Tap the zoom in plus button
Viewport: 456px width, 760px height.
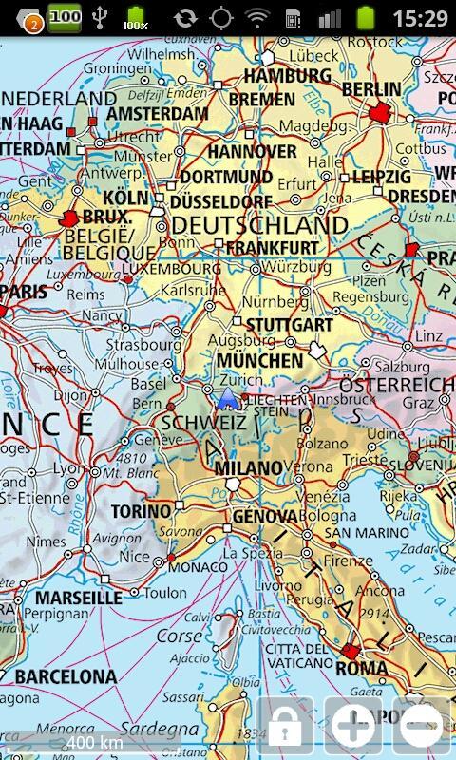(352, 728)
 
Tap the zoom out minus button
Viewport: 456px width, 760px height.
(421, 728)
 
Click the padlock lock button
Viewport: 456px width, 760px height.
(285, 728)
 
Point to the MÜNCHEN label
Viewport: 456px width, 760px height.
(259, 361)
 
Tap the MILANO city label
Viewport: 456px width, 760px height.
(248, 468)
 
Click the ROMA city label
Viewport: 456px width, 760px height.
(362, 668)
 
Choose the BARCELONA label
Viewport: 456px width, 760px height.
(66, 676)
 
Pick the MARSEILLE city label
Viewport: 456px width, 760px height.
(80, 598)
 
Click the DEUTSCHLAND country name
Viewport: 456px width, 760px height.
(259, 225)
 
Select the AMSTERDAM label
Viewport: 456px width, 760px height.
(158, 113)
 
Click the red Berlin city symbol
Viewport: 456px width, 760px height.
(382, 112)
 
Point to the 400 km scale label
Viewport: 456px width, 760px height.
(94, 741)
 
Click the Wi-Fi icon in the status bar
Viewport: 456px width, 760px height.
(256, 18)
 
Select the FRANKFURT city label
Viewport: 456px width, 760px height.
(273, 247)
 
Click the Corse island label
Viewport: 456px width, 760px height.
(180, 635)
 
